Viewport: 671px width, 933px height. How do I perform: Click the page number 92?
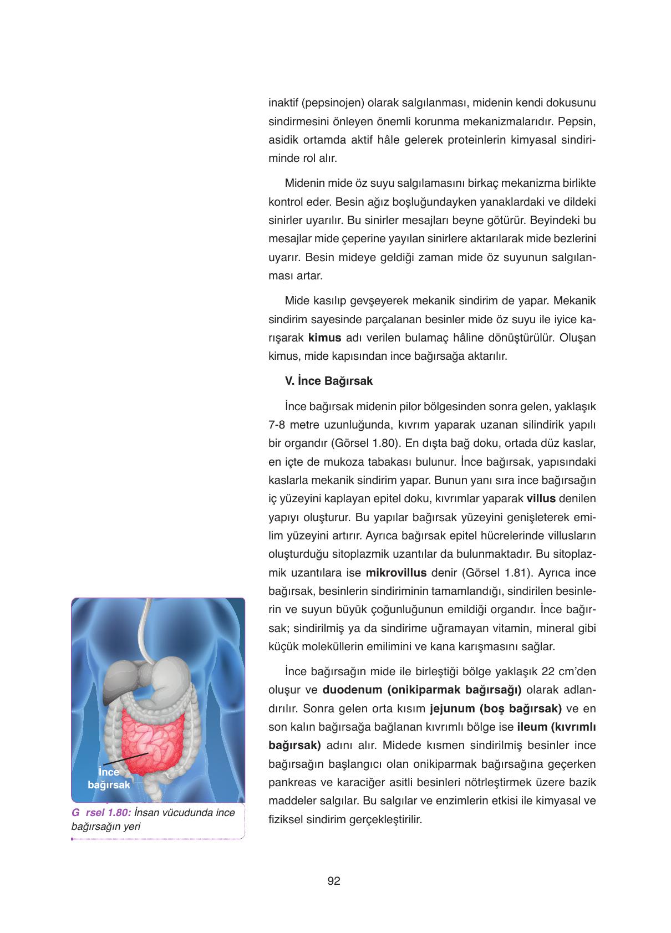tap(333, 881)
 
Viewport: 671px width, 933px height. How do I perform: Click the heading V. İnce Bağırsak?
tap(328, 381)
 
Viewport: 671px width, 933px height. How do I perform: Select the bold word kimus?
tap(324, 338)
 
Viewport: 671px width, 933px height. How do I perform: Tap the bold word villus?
tap(541, 498)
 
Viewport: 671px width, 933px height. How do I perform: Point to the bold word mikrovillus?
tap(396, 573)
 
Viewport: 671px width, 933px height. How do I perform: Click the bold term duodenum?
tap(352, 690)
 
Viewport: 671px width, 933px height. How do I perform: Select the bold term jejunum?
tap(452, 708)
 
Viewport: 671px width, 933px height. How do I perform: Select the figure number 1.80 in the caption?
tap(116, 813)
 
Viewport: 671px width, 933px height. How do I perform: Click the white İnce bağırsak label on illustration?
tap(109, 778)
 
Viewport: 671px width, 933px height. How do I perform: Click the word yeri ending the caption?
tap(132, 827)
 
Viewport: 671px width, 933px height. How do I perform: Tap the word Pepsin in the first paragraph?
tap(577, 121)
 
